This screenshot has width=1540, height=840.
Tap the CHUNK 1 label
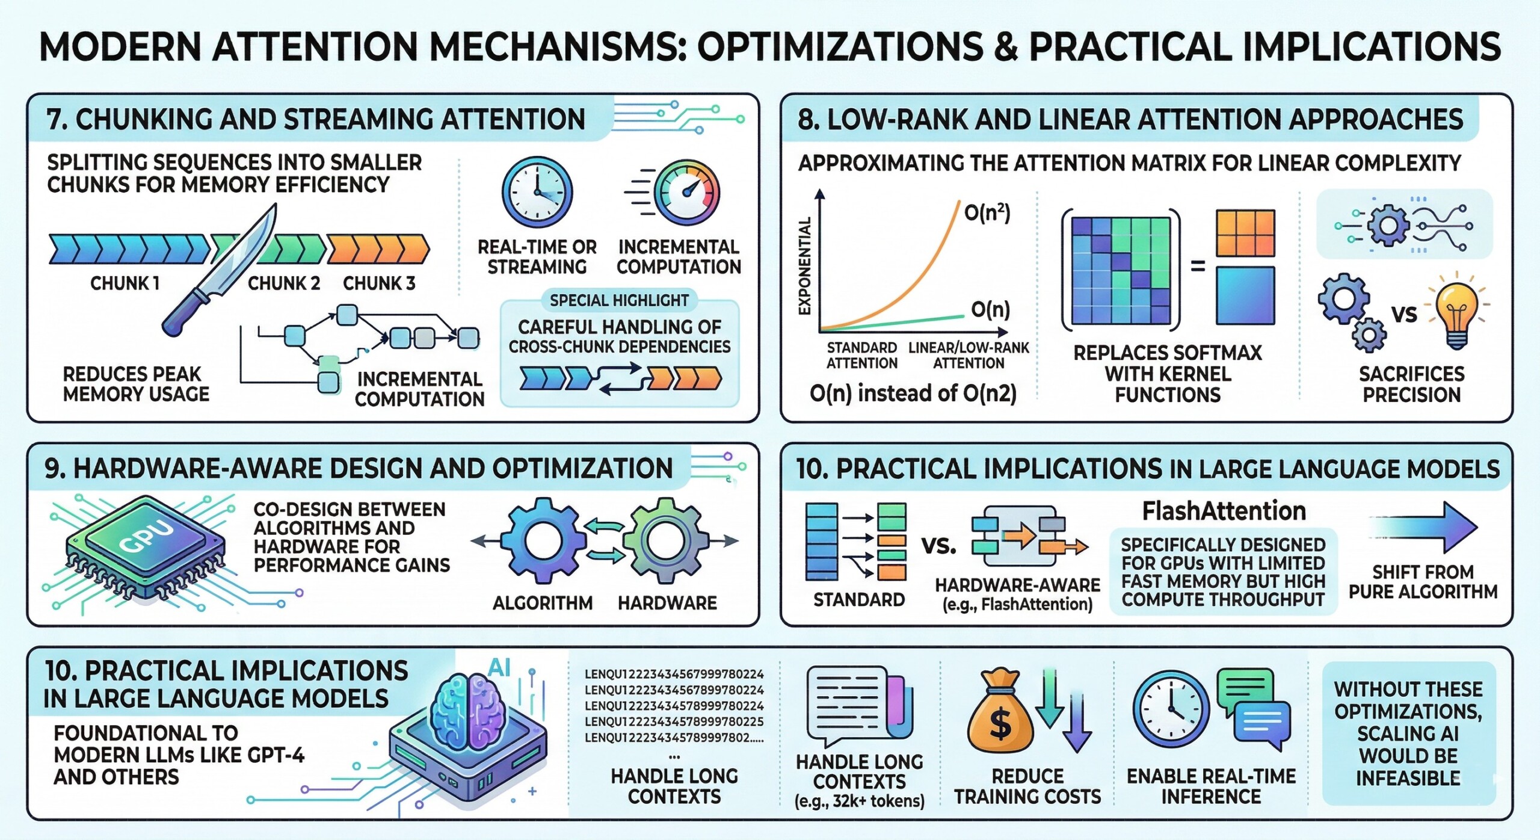click(125, 283)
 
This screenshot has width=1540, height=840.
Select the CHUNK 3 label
click(379, 283)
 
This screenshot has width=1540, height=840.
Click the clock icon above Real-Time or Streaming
click(537, 192)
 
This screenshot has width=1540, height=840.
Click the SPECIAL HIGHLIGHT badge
click(619, 300)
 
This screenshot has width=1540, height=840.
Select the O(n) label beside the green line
click(990, 309)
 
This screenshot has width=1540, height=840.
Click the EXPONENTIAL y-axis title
click(804, 265)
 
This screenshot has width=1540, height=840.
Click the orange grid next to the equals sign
click(1245, 233)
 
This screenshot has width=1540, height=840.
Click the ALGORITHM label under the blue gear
click(543, 603)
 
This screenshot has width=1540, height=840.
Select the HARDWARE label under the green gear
click(667, 603)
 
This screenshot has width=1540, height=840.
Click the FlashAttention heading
click(1224, 511)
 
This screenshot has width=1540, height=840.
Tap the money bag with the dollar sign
click(999, 715)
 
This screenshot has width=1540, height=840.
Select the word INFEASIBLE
click(1408, 778)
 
